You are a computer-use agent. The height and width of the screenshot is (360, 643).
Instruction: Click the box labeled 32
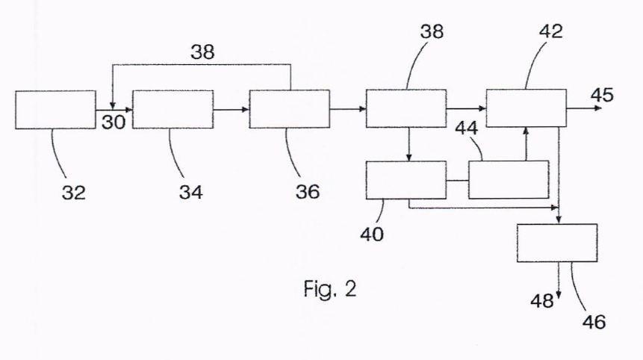pyautogui.click(x=55, y=110)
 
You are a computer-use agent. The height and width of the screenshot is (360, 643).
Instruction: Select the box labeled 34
pyautogui.click(x=173, y=110)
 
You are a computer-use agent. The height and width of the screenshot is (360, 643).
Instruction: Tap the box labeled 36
pyautogui.click(x=290, y=109)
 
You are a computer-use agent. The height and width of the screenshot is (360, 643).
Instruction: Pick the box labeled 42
pyautogui.click(x=526, y=108)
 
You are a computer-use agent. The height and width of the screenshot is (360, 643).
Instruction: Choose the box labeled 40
pyautogui.click(x=406, y=180)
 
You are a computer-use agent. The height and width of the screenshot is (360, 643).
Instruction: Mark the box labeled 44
pyautogui.click(x=509, y=179)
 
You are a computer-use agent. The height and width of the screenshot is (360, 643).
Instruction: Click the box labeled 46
pyautogui.click(x=557, y=243)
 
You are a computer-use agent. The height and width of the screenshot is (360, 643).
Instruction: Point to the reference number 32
pyautogui.click(x=74, y=192)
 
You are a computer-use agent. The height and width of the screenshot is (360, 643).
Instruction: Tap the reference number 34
pyautogui.click(x=190, y=192)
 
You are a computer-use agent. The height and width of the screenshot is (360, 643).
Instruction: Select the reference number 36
pyautogui.click(x=308, y=191)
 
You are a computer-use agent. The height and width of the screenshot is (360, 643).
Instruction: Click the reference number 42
pyautogui.click(x=550, y=31)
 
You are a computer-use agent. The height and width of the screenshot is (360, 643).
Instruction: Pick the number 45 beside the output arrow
pyautogui.click(x=602, y=95)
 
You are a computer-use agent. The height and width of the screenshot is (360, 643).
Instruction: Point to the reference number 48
pyautogui.click(x=541, y=301)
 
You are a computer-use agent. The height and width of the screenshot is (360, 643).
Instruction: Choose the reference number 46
pyautogui.click(x=594, y=322)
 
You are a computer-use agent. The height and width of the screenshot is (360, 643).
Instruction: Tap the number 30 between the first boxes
pyautogui.click(x=114, y=122)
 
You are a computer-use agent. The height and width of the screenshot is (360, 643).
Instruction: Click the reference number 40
pyautogui.click(x=372, y=234)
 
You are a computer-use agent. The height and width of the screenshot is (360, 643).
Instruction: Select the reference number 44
pyautogui.click(x=467, y=128)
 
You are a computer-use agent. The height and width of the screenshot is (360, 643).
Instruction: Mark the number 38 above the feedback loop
pyautogui.click(x=202, y=52)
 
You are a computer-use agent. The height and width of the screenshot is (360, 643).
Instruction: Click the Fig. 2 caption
pyautogui.click(x=330, y=289)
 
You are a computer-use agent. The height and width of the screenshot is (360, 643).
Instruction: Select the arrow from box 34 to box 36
pyautogui.click(x=232, y=110)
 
